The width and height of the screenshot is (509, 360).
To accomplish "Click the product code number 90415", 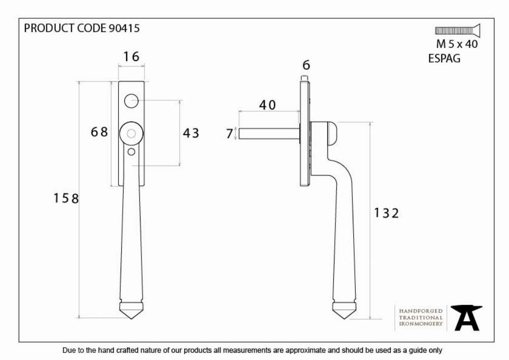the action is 124,28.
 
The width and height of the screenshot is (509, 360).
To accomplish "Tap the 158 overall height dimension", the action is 66,198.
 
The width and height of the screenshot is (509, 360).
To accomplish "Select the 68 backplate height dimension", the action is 99,132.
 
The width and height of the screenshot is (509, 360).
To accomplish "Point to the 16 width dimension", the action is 131,57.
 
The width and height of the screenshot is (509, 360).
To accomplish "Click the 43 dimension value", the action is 191,133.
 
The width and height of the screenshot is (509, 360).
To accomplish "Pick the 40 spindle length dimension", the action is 268,105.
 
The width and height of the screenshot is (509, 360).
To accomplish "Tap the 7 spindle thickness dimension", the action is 230,133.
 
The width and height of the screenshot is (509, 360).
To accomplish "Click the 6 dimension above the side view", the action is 306,65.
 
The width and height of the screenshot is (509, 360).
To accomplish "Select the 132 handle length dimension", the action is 386,213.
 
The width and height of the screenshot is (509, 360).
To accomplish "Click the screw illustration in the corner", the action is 458,31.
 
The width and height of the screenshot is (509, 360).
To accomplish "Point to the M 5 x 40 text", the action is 457,44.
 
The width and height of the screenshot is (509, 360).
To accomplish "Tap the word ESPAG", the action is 444,59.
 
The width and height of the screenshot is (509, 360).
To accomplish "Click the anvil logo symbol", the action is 466,318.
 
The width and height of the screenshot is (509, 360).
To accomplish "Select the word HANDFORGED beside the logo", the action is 421,311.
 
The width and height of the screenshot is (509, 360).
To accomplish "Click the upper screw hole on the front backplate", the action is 131,101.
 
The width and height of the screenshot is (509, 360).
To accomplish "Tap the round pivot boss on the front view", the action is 131,133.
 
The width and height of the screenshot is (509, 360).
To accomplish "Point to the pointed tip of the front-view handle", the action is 131,318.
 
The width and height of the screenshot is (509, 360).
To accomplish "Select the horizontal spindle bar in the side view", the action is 269,133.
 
